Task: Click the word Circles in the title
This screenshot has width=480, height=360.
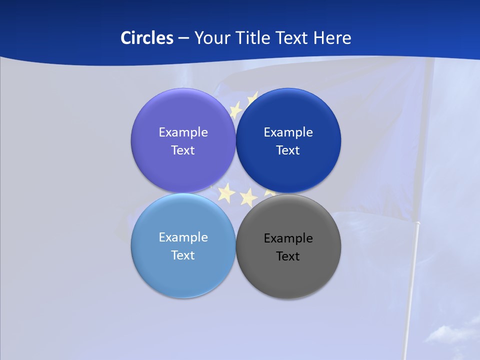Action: tap(146, 38)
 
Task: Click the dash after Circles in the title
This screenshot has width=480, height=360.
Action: tap(183, 38)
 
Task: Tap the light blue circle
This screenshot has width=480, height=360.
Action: tap(183, 272)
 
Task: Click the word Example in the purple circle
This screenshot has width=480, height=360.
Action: tap(183, 132)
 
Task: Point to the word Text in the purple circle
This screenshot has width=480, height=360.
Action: tap(183, 150)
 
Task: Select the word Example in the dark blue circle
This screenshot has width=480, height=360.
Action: tap(288, 132)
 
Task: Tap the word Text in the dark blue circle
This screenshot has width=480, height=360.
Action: tap(288, 150)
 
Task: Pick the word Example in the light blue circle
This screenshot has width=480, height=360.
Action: tap(183, 237)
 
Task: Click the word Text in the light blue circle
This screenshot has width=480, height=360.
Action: tap(183, 255)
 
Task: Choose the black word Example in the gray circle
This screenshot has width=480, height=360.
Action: tap(288, 238)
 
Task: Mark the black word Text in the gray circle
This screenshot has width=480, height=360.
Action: tap(288, 256)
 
